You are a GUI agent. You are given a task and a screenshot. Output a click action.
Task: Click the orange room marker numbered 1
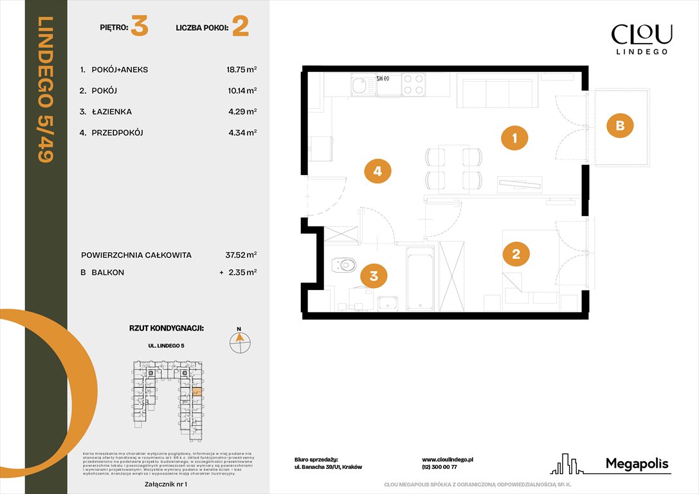tap(515, 137)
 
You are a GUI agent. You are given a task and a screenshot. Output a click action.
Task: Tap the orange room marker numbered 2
tap(515, 253)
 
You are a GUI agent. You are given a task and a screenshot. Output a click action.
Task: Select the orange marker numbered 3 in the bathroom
tap(374, 277)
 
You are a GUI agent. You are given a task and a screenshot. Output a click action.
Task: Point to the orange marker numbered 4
tap(377, 170)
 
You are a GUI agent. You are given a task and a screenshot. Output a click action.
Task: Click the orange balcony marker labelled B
tap(620, 125)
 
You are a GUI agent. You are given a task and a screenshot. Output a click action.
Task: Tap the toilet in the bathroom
tap(344, 264)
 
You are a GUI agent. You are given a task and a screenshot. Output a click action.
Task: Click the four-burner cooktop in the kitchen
tap(413, 84)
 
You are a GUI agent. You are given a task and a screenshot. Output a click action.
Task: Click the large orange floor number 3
tap(139, 28)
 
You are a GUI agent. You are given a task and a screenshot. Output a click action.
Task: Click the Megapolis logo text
tap(637, 464)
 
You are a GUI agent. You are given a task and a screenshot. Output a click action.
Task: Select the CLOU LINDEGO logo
tap(641, 39)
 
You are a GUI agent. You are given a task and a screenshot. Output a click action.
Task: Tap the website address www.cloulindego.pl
tap(448, 460)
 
